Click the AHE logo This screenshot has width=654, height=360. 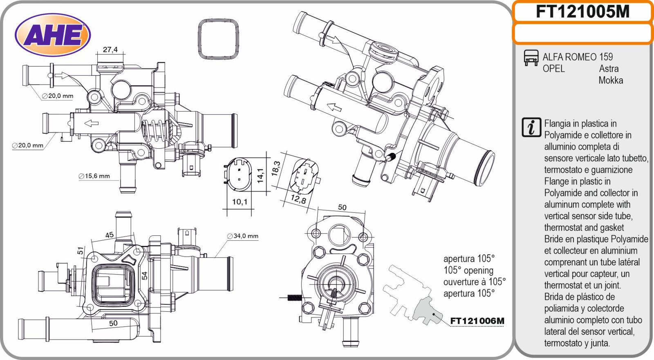point(53,35)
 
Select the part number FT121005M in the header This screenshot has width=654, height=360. point(582,11)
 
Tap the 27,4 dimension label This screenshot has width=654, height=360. point(110,49)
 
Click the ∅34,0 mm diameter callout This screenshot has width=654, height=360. point(243,236)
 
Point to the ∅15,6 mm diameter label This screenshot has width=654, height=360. point(94,176)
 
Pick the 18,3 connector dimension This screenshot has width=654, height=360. point(276,168)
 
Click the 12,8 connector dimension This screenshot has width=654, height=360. point(298,199)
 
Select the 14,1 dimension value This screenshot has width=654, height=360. point(260,175)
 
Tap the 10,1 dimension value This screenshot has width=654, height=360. point(240,201)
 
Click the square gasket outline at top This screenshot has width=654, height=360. point(219,39)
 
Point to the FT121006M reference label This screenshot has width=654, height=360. point(477,321)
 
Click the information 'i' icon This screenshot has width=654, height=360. point(531,127)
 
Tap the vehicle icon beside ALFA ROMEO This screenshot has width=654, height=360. point(531,58)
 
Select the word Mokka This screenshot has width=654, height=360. point(611,80)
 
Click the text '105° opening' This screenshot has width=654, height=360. point(468,271)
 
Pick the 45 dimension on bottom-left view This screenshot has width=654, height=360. point(110,235)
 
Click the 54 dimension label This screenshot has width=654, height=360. point(145,276)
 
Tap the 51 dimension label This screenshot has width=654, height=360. point(81,250)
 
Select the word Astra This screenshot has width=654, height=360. point(609,69)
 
